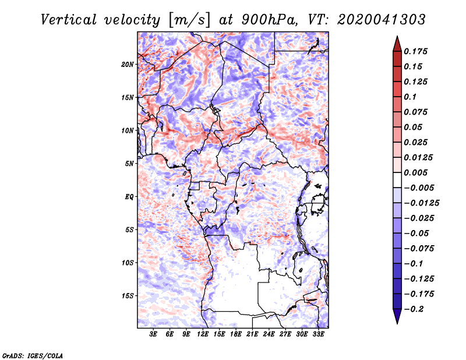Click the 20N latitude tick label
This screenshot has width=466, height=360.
[x=127, y=65]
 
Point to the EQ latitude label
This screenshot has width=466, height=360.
[x=129, y=197]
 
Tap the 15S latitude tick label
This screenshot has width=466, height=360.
[x=127, y=296]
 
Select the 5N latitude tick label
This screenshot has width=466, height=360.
[x=129, y=164]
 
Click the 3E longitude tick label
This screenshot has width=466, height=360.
[x=153, y=334]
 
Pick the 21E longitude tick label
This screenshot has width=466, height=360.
[x=252, y=334]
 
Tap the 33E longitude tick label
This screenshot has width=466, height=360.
[x=318, y=334]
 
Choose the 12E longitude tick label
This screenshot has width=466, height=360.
[x=203, y=334]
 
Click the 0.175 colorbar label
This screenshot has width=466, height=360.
[x=415, y=51]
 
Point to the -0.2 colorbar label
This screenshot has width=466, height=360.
[x=414, y=309]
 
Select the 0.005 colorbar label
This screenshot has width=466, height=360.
[x=415, y=172]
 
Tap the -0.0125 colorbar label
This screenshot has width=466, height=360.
[x=421, y=203]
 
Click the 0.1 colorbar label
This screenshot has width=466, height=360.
[x=410, y=97]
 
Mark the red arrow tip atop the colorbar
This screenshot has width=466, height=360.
[x=397, y=36]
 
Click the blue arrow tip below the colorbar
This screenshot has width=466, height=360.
[x=397, y=323]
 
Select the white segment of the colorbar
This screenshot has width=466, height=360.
[x=397, y=180]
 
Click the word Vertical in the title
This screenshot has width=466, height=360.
[x=69, y=20]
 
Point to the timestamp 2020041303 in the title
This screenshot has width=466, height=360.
[x=382, y=20]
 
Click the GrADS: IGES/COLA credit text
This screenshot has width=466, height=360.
[x=33, y=355]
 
